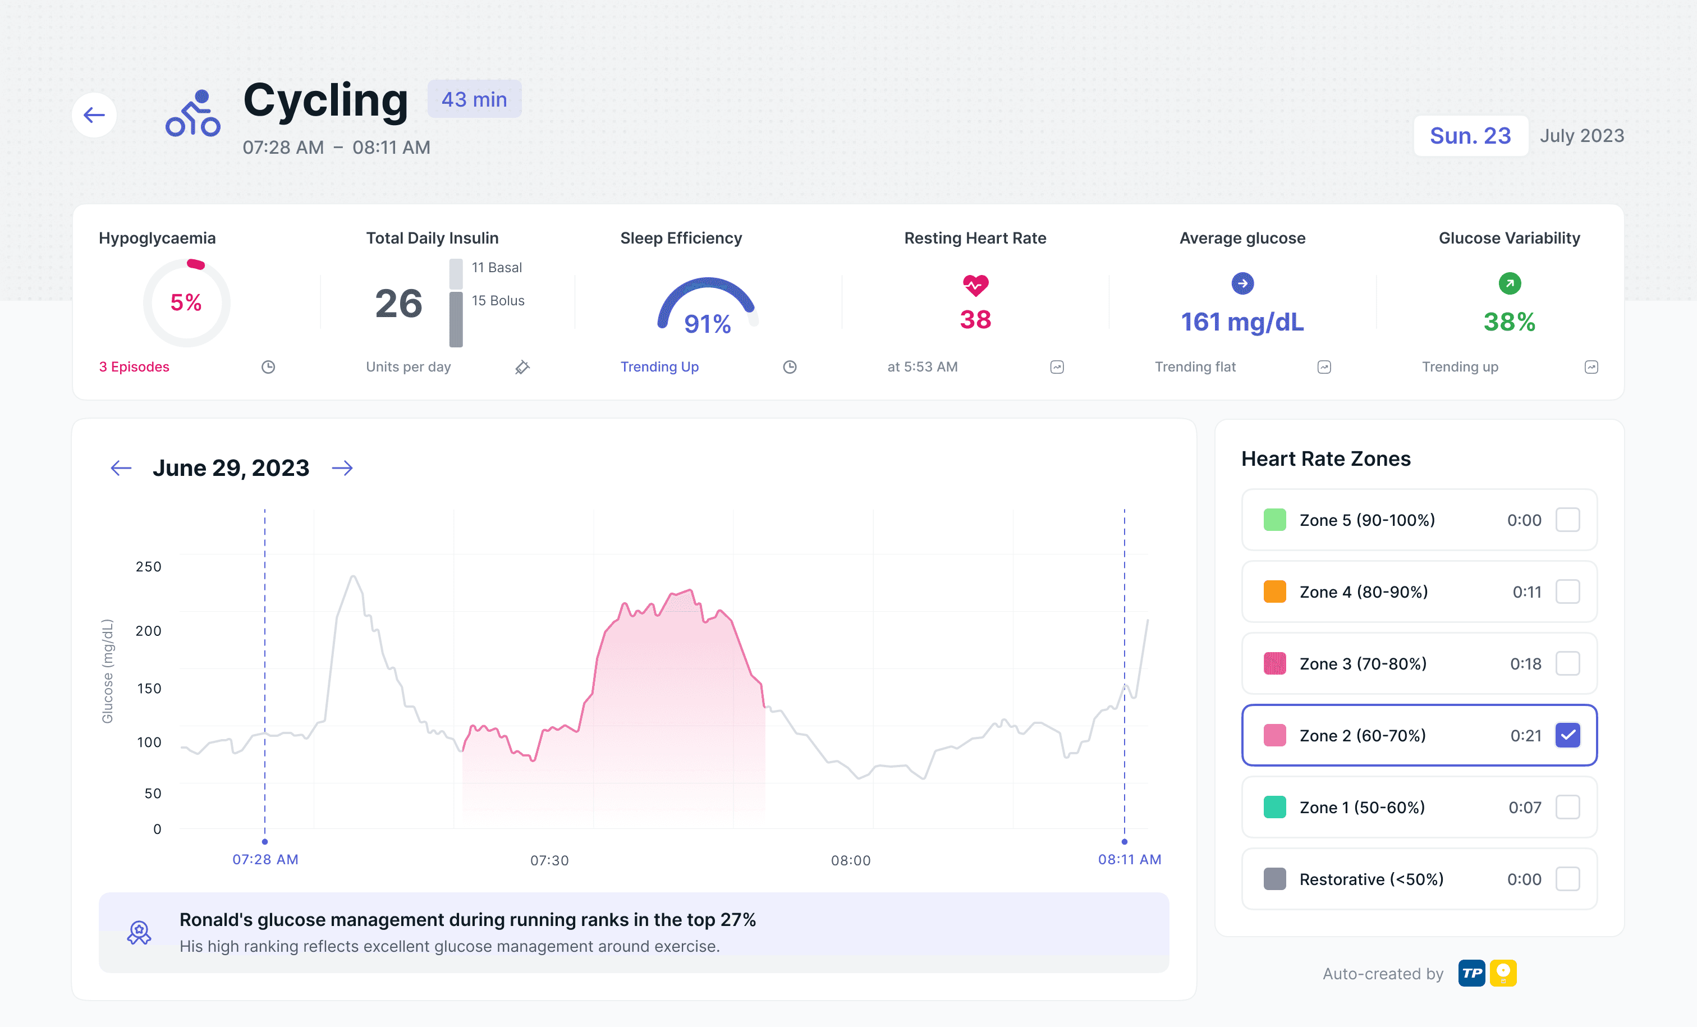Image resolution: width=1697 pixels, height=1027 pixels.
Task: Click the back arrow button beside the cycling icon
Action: pyautogui.click(x=94, y=115)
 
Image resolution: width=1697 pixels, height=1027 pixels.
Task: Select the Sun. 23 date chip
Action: pyautogui.click(x=1470, y=136)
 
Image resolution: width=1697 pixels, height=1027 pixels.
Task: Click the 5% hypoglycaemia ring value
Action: pyautogui.click(x=186, y=302)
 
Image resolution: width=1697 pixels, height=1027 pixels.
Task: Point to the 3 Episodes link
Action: pyautogui.click(x=134, y=366)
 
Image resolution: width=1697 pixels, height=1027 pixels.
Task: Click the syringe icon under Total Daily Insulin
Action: pyautogui.click(x=522, y=367)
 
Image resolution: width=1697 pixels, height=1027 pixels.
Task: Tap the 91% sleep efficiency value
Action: pyautogui.click(x=707, y=324)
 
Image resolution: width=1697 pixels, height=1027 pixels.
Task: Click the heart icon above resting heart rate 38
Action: pyautogui.click(x=975, y=285)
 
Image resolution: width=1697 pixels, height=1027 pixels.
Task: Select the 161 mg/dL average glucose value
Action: pyautogui.click(x=1242, y=322)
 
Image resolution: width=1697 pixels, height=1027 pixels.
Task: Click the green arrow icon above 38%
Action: pyautogui.click(x=1509, y=283)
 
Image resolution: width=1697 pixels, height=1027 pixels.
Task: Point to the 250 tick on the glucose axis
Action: pyautogui.click(x=149, y=566)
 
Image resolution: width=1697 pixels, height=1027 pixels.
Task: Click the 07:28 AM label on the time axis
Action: pyautogui.click(x=265, y=859)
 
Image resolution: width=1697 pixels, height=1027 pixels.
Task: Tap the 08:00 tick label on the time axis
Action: pyautogui.click(x=851, y=860)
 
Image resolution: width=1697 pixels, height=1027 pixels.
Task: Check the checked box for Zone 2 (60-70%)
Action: pyautogui.click(x=1567, y=735)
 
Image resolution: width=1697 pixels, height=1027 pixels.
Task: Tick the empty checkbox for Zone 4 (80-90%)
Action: pyautogui.click(x=1567, y=592)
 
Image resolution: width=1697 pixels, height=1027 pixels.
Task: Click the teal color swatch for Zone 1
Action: pyautogui.click(x=1275, y=807)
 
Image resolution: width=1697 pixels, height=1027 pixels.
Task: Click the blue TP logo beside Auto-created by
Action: pyautogui.click(x=1472, y=973)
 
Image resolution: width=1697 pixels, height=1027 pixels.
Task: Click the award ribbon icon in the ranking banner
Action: pyautogui.click(x=139, y=933)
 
